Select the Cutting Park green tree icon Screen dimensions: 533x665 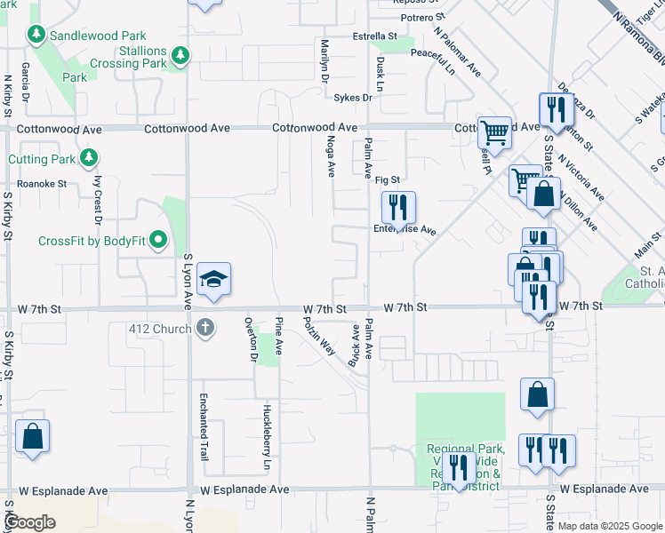click(88, 159)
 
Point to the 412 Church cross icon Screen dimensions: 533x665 click(205, 329)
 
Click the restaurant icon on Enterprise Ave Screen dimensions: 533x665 click(398, 208)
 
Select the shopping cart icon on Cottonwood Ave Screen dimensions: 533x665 click(494, 133)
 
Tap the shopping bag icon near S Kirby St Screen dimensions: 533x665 click(32, 436)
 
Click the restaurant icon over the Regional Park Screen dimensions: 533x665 click(459, 467)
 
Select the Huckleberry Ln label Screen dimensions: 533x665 click(267, 437)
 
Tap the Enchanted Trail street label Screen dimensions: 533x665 click(204, 426)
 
